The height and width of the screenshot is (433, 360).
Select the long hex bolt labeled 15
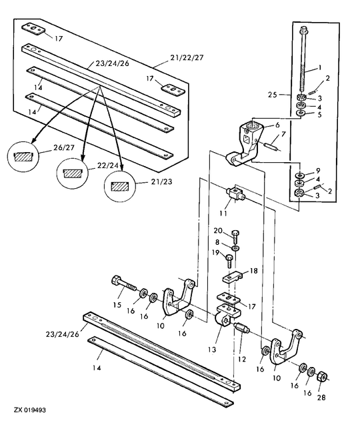[x=127, y=288]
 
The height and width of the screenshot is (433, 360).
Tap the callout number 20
[x=217, y=230]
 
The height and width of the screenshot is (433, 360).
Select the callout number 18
[x=253, y=271]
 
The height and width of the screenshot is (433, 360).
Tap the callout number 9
[x=317, y=169]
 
